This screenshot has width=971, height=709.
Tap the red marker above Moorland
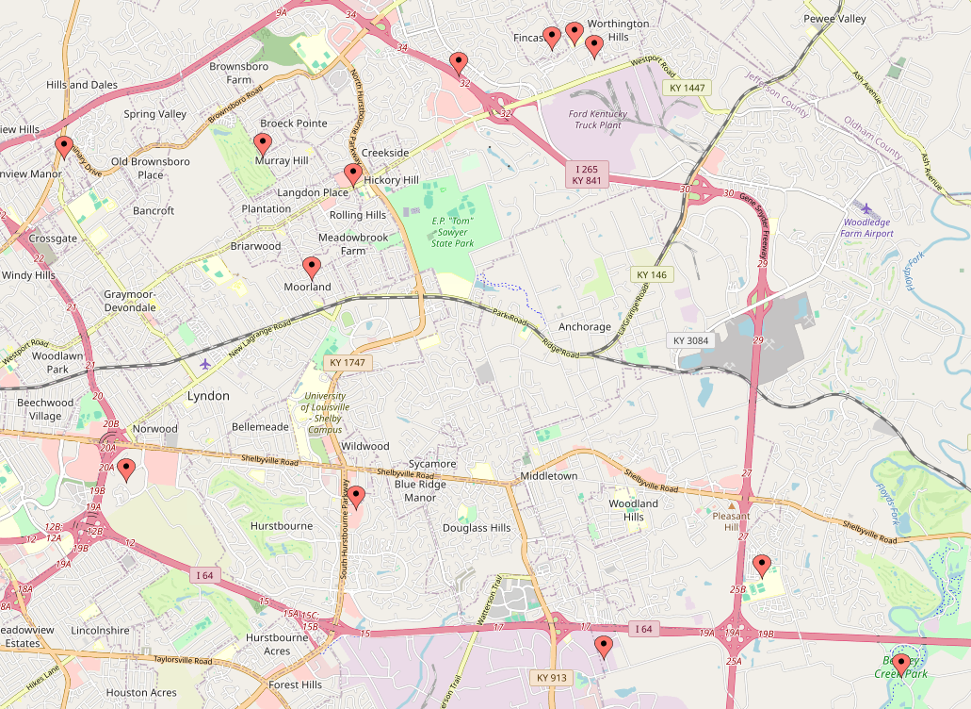311,269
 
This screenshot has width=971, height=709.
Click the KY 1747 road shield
347,362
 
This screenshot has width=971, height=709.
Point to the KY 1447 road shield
686,88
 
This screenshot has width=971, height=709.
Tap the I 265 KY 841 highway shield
587,174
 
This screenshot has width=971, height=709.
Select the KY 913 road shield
552,678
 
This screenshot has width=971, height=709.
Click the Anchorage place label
584,327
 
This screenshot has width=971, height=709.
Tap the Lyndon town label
208,396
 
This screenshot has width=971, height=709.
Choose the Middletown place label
548,476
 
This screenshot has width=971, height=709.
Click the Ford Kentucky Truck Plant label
597,120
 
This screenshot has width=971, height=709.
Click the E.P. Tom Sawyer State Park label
451,232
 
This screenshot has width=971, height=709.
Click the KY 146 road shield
651,274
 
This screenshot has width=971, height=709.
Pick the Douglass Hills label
477,528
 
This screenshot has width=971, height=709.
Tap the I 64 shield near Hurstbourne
205,575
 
